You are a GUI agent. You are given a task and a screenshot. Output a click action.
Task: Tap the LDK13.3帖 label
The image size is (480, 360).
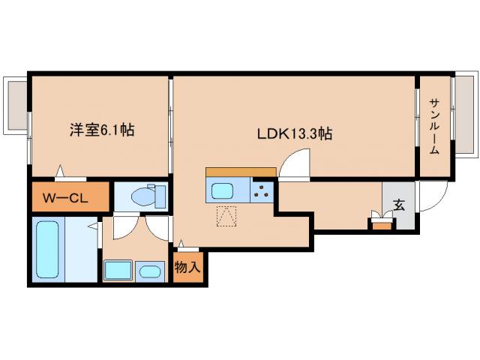[295, 134]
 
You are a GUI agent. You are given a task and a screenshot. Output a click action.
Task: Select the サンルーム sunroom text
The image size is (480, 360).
[434, 126]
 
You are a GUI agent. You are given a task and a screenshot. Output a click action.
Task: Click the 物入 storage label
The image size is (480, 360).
[187, 266]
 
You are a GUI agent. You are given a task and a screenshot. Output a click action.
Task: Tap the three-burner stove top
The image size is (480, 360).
[262, 190]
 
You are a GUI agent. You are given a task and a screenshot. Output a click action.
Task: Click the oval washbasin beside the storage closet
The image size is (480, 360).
[151, 271]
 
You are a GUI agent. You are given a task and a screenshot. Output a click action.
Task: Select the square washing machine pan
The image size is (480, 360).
[118, 270]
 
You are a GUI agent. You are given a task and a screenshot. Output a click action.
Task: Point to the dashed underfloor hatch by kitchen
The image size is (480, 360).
[226, 216]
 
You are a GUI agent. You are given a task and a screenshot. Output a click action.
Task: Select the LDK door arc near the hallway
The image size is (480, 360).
[295, 163]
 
